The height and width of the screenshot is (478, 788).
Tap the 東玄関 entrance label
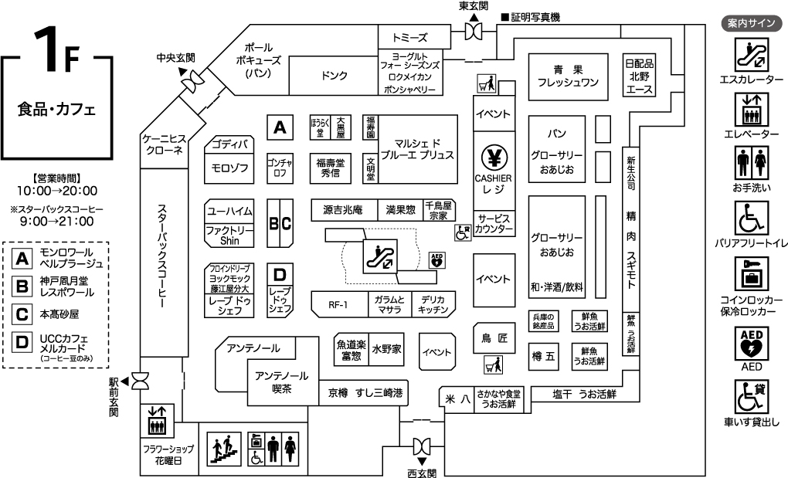point(474,6)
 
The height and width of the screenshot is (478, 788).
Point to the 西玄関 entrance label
point(422,472)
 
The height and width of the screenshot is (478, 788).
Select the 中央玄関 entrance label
point(175,58)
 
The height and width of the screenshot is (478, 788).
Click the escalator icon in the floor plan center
point(379,256)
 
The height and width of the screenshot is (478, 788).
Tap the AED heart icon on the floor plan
point(437,259)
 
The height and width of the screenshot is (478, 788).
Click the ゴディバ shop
point(229,144)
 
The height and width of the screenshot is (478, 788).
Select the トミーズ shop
point(409,38)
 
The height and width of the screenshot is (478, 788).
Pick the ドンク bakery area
point(334,76)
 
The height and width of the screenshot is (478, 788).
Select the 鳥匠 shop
point(494,337)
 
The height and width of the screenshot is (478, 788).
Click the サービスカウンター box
point(494,224)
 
